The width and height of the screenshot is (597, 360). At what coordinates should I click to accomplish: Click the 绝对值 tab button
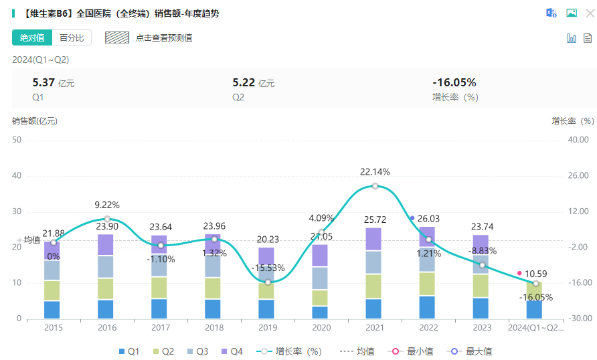click(31, 38)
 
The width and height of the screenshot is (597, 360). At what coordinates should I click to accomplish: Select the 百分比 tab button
click(72, 38)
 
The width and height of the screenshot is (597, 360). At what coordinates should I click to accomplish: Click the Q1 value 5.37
click(44, 83)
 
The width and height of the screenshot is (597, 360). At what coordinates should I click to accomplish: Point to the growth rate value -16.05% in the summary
click(454, 83)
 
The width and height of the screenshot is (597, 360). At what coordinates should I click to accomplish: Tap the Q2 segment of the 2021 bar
click(375, 286)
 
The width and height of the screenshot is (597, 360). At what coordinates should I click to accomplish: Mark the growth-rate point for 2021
click(375, 186)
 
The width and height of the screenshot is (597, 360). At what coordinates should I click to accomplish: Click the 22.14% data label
click(375, 172)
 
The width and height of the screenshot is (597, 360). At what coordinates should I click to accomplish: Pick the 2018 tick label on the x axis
click(214, 328)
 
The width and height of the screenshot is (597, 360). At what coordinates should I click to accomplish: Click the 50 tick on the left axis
click(17, 140)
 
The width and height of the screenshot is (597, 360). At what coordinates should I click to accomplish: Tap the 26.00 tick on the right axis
click(577, 176)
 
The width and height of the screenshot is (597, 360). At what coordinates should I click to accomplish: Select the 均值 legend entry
click(358, 351)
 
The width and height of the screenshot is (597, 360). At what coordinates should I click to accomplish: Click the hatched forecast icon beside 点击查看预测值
click(116, 38)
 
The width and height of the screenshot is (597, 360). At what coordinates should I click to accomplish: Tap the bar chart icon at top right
click(572, 38)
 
